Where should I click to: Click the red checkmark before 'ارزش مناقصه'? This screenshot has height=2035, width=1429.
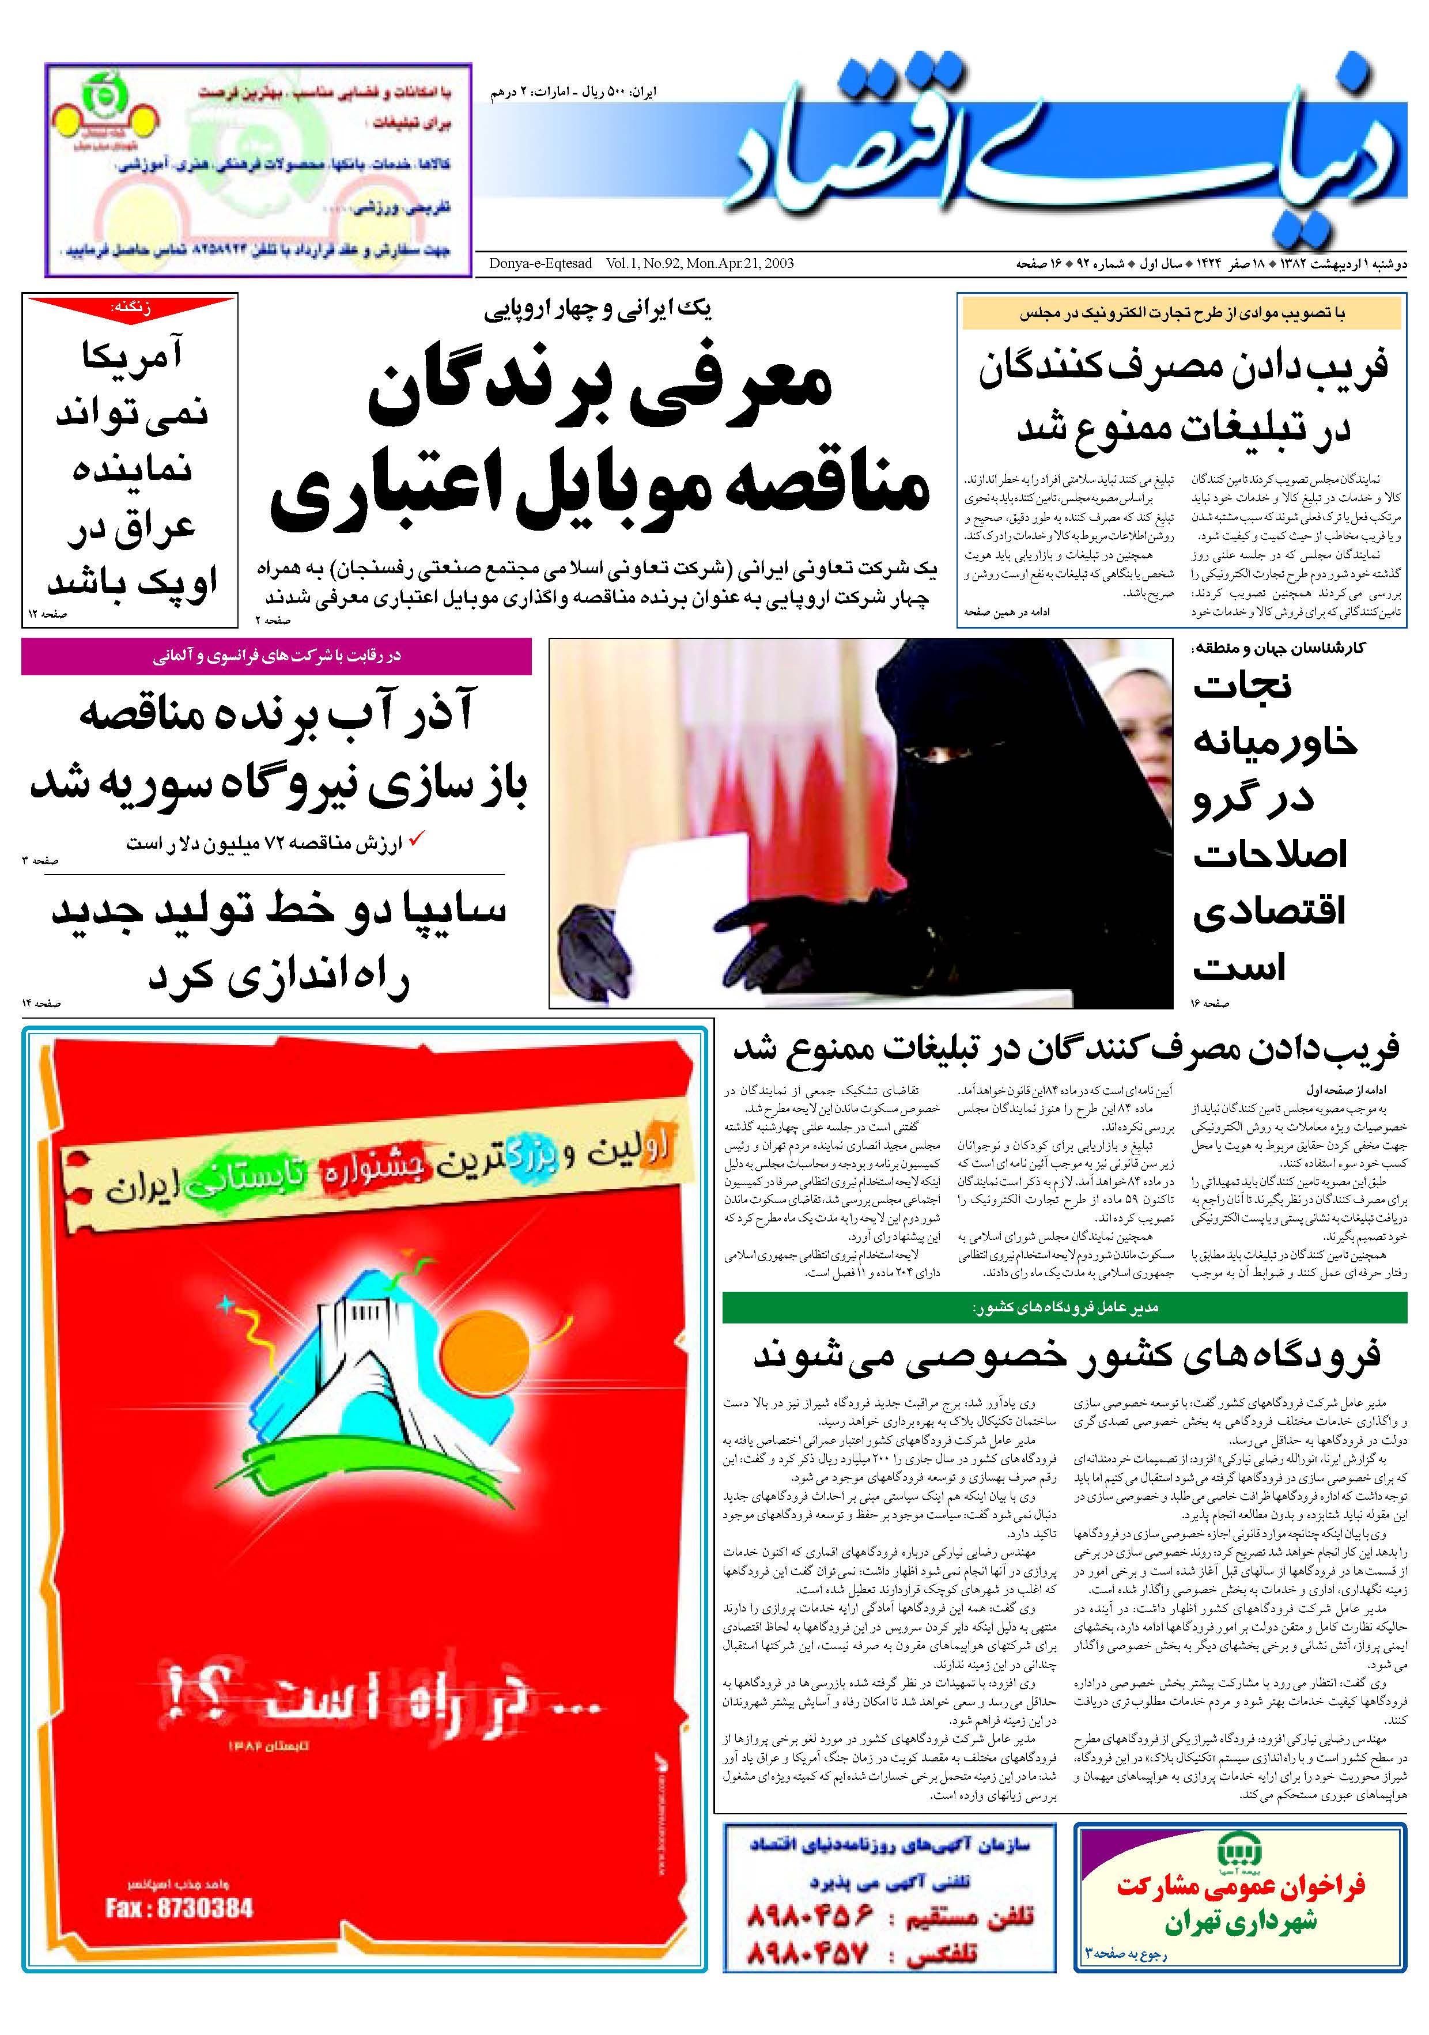(414, 838)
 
